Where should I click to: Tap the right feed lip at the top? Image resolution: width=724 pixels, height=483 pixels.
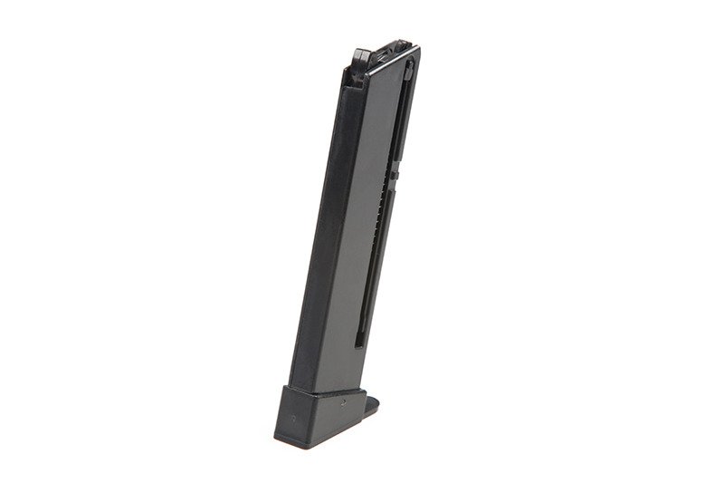(x=398, y=45)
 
